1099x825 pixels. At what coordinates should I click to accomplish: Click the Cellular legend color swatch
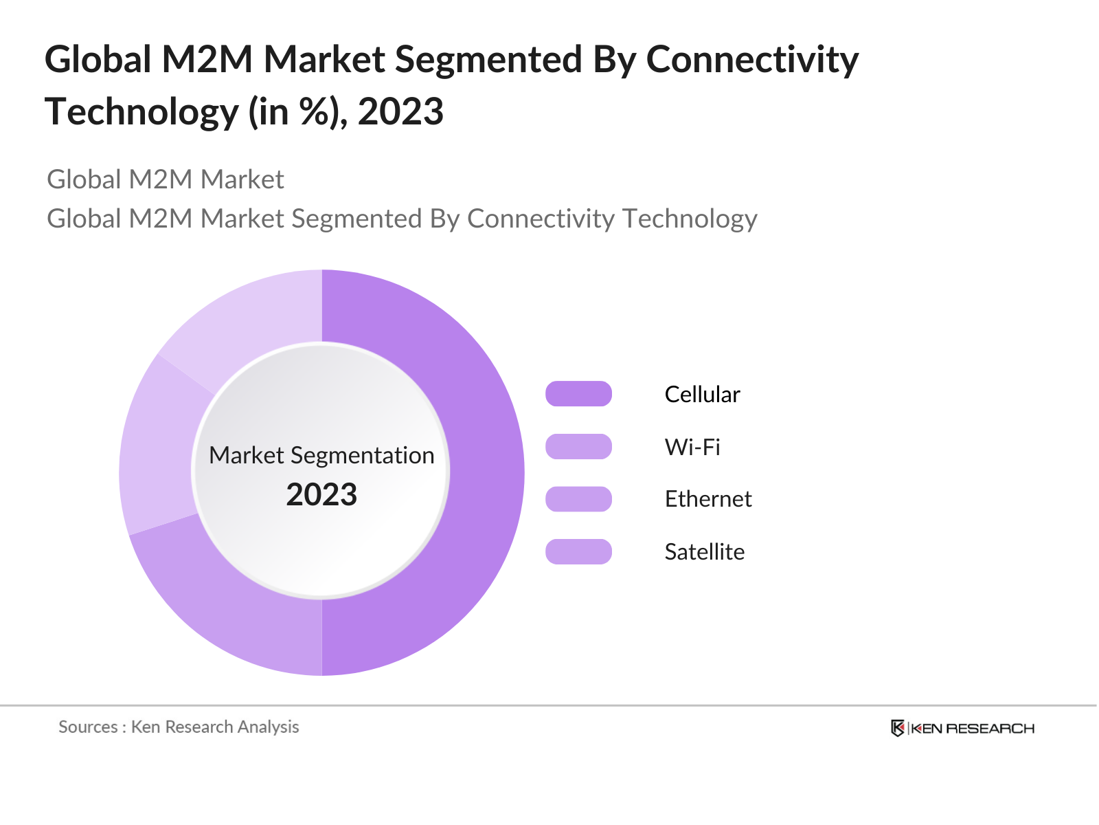(578, 394)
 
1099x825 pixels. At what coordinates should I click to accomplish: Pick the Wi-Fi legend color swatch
(578, 447)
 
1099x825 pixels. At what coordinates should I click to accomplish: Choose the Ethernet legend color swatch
(578, 499)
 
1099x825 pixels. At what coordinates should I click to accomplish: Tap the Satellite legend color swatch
(578, 551)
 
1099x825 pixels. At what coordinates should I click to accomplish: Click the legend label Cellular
(702, 395)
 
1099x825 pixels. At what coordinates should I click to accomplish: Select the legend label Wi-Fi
(692, 448)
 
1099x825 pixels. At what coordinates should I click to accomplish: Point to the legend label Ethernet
(707, 499)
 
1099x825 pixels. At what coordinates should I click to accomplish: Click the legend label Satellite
(704, 552)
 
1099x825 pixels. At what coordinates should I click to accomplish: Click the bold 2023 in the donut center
(321, 495)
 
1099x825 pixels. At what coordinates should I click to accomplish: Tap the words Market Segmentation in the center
(321, 455)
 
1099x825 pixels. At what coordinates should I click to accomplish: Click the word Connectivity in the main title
(752, 60)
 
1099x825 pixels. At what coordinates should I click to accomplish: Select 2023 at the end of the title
(400, 112)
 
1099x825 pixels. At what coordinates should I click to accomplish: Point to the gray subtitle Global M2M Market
(165, 180)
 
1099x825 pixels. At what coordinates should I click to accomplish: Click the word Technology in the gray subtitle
(690, 219)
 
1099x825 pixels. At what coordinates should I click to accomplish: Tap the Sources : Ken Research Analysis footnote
(179, 727)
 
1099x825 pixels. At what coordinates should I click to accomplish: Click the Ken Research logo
(962, 728)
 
